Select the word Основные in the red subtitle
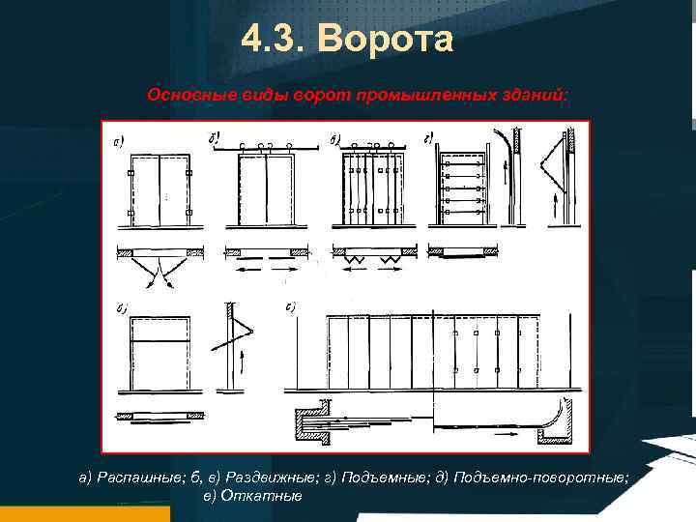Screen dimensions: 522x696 point(184,97)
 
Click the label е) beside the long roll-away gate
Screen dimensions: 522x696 point(291,309)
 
